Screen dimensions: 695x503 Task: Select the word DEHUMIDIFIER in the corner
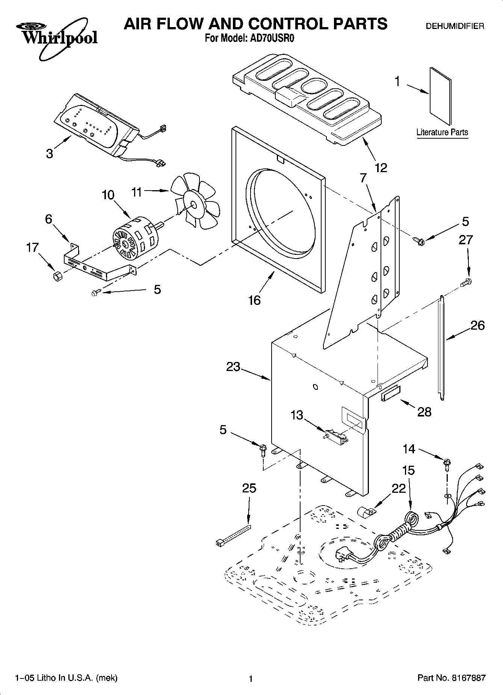coord(454,26)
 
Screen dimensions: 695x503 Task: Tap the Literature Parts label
coord(442,132)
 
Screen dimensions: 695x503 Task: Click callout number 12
coord(381,168)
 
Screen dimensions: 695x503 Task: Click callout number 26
coord(477,325)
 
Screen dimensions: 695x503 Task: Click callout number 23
coord(233,366)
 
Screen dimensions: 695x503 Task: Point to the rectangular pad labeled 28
coord(391,394)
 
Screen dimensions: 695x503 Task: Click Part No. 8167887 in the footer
coord(451,678)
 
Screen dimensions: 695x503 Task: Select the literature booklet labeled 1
coord(440,96)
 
